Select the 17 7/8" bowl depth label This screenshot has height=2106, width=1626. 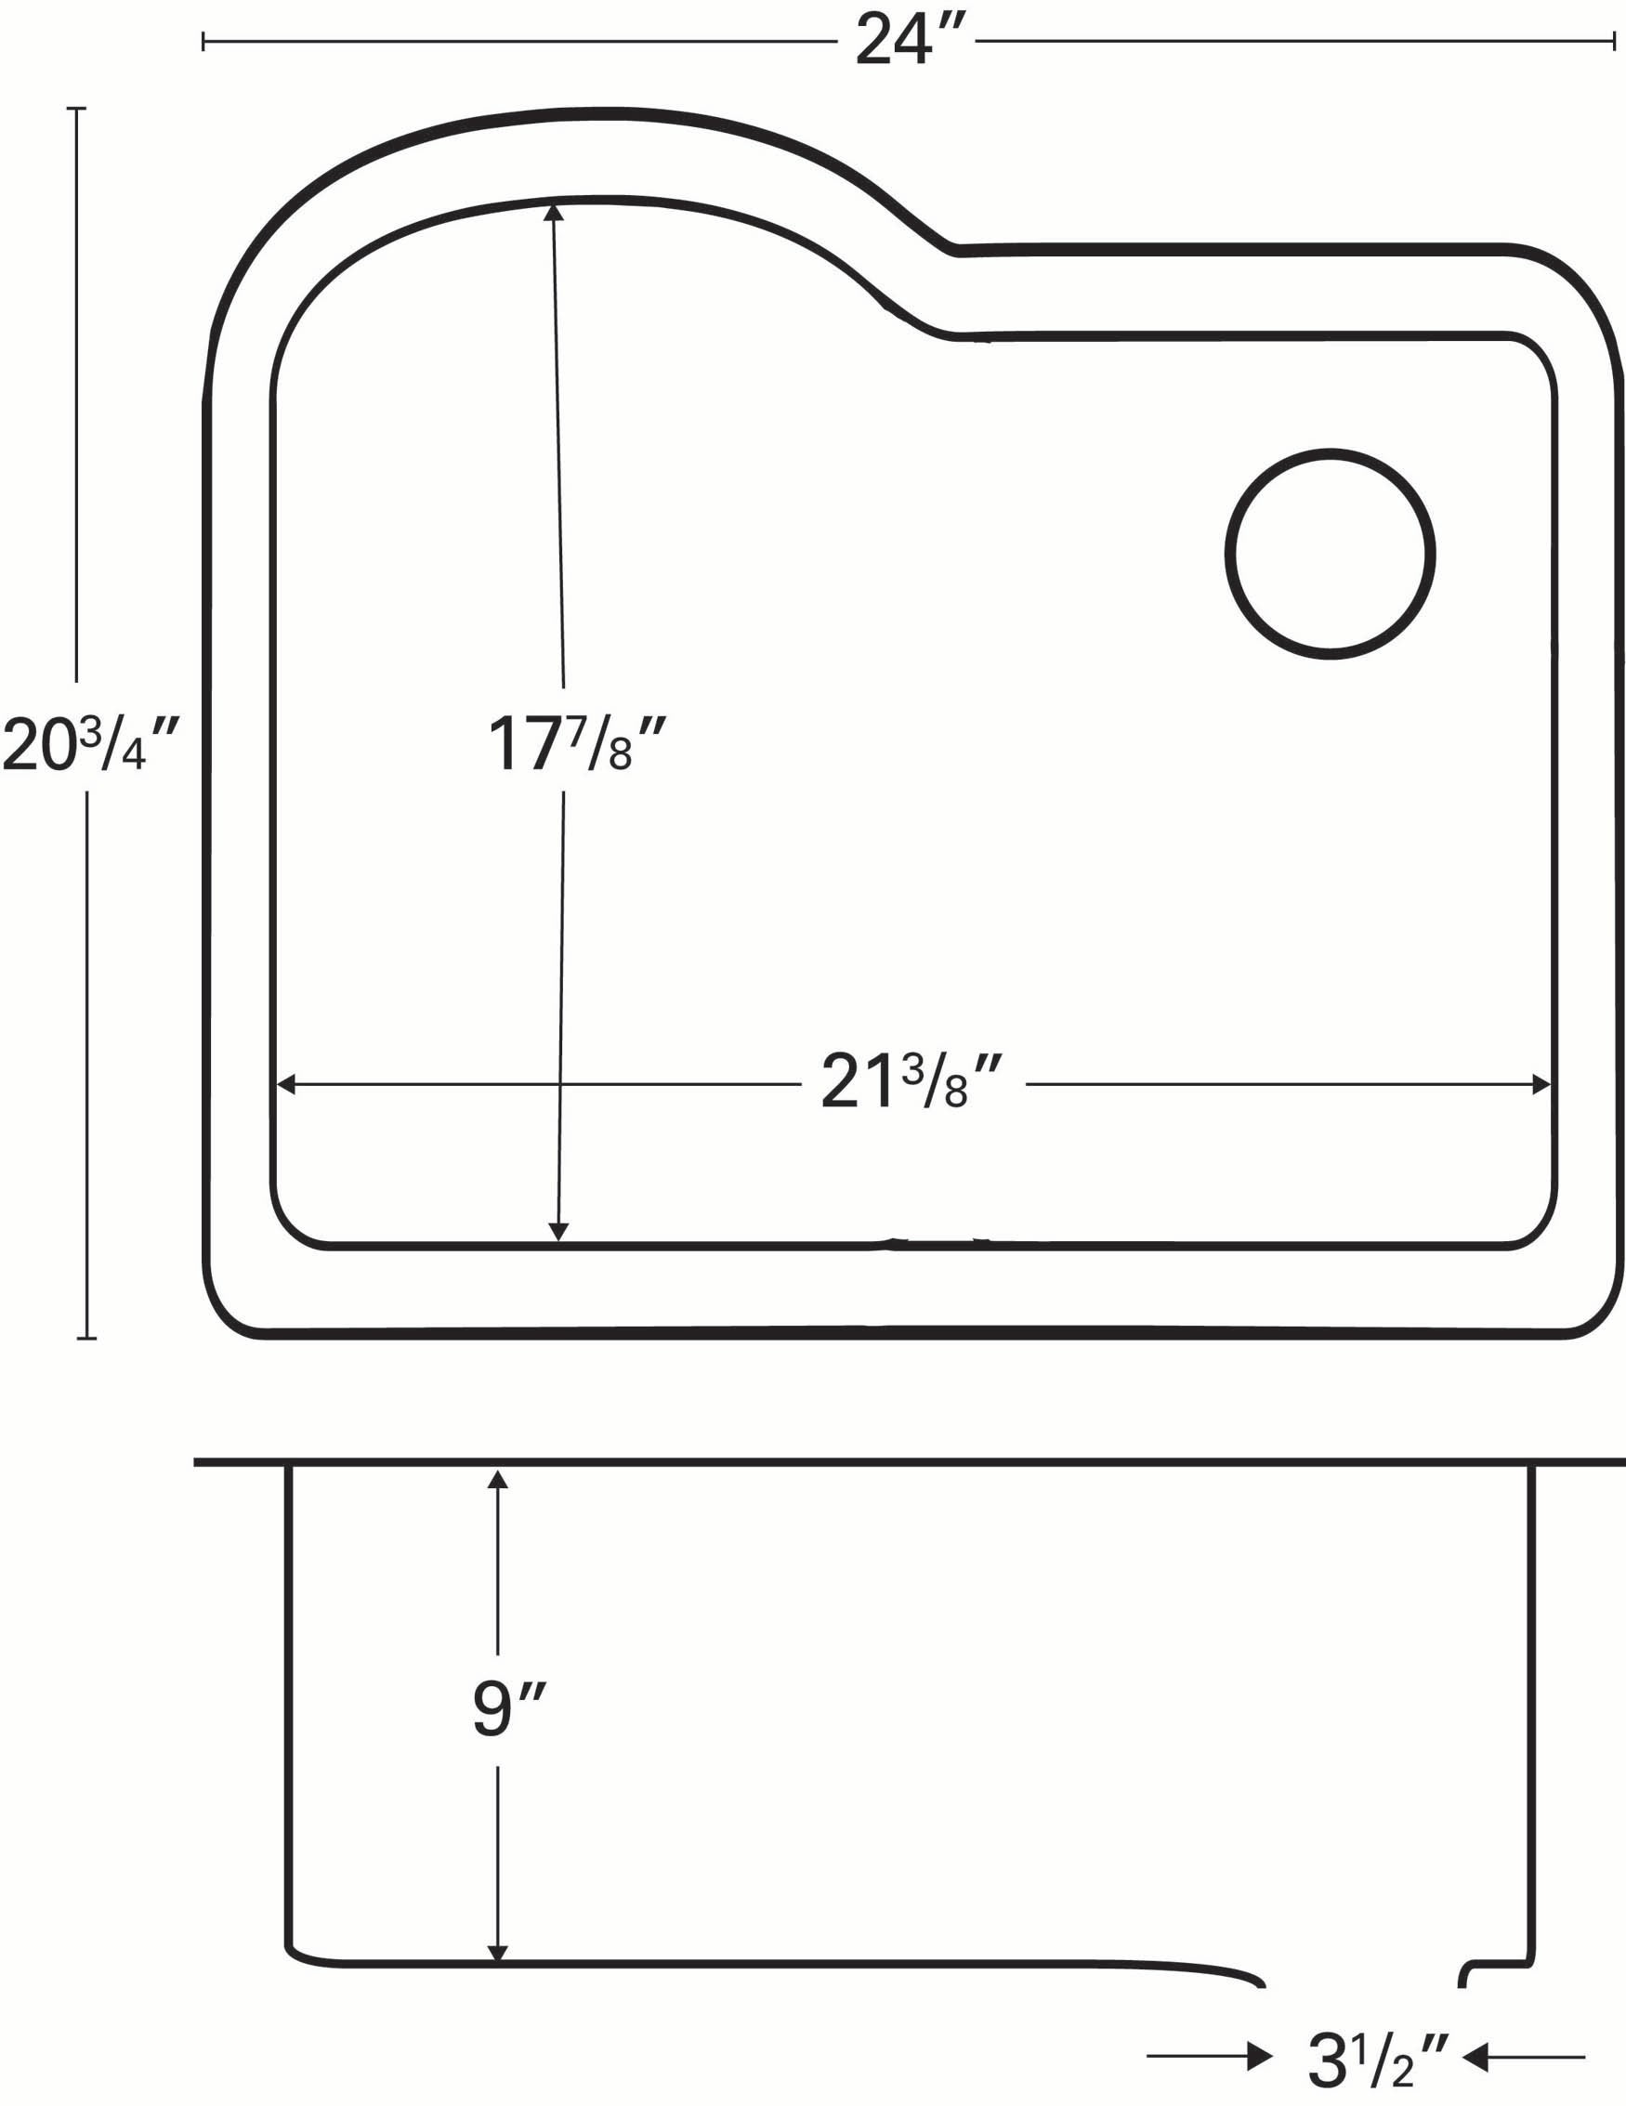coord(576,744)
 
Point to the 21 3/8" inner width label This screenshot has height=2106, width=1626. coord(912,1083)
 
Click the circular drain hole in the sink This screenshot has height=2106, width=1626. coord(1330,554)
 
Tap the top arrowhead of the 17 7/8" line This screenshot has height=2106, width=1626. coord(554,212)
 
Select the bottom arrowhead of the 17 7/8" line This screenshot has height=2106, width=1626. coord(558,1233)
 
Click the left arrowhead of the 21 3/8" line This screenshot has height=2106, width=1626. coord(285,1085)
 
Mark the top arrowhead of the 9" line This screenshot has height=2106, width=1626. coord(498,1481)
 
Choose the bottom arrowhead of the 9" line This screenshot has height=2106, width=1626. coord(498,1952)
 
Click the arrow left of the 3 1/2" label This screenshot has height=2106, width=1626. coord(1260,2058)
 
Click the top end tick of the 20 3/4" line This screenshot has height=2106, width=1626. coord(77,109)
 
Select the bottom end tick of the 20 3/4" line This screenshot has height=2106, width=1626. coord(86,1338)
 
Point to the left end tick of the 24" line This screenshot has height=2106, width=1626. coord(203,42)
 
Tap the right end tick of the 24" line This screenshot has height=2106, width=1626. coord(1615,42)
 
